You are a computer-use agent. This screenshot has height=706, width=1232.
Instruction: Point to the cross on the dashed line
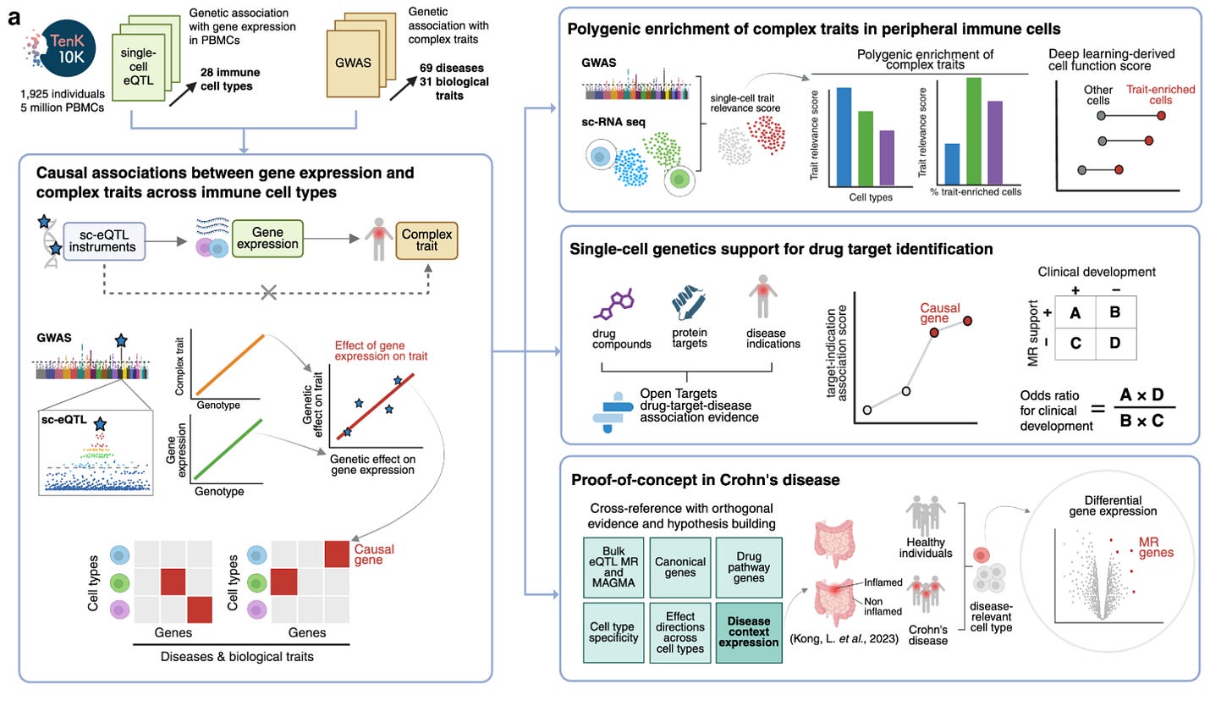click(x=269, y=292)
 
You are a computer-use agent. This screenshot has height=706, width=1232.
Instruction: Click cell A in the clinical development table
click(x=1076, y=312)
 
